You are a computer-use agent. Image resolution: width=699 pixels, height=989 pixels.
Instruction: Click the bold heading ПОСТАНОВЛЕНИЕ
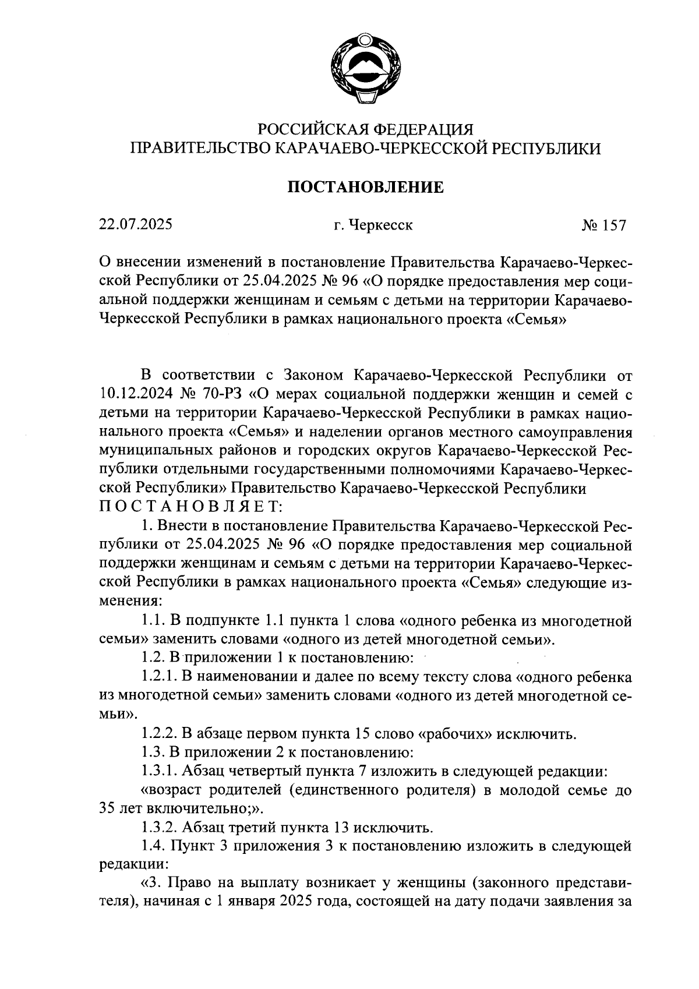click(x=366, y=187)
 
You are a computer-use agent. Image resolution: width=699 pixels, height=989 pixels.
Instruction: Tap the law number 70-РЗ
click(x=224, y=394)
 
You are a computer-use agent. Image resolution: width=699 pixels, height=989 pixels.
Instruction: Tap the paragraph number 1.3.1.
click(x=159, y=771)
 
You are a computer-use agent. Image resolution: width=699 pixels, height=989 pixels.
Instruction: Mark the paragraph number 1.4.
click(x=153, y=846)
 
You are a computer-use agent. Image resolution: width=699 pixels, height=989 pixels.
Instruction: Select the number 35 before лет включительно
click(x=109, y=809)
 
